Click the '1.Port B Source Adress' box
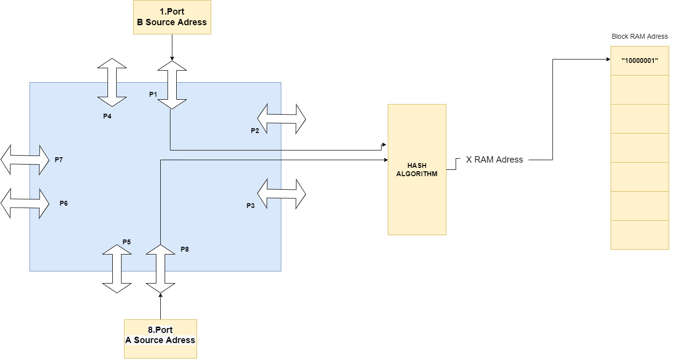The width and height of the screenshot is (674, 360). click(172, 17)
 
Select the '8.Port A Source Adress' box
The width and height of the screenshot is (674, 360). click(160, 338)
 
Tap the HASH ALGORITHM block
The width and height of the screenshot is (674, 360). click(416, 169)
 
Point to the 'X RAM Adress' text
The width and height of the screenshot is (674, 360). click(494, 160)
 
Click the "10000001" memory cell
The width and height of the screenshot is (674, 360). click(640, 60)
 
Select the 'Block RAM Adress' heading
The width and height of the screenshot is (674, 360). click(640, 36)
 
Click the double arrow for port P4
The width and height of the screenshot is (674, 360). click(112, 82)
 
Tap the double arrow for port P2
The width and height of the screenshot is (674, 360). click(281, 119)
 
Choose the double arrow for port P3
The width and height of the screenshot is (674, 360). click(281, 194)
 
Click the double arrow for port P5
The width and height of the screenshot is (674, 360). click(117, 269)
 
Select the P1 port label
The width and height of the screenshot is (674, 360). click(153, 94)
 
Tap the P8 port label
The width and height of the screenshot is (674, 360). click(184, 249)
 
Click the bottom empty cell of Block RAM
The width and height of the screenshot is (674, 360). click(640, 235)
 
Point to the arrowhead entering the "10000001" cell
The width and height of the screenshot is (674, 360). click(608, 60)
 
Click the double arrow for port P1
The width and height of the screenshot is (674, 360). click(172, 85)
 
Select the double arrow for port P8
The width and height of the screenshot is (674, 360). click(160, 269)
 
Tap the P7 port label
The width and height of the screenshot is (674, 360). click(59, 160)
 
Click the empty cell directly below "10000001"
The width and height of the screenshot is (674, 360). click(640, 90)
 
